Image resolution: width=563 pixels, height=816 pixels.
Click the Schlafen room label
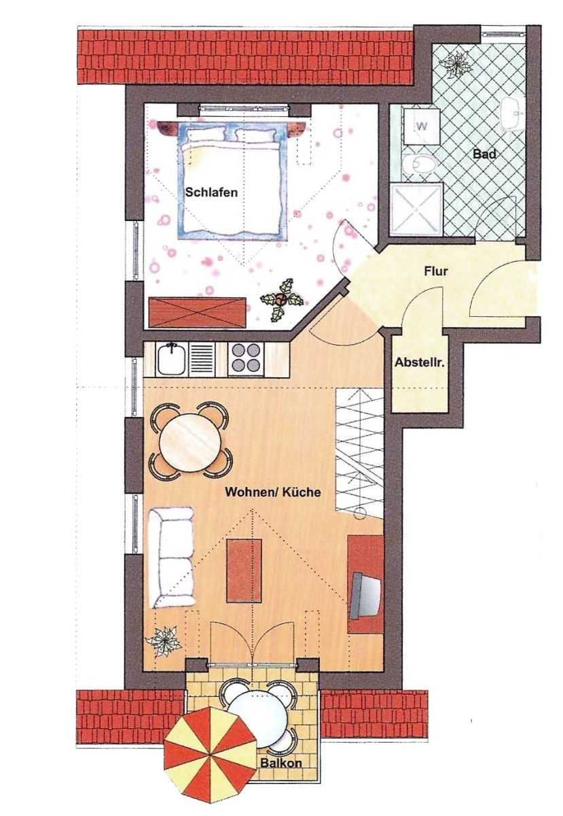tap(211, 192)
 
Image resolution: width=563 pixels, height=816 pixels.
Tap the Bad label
tap(484, 154)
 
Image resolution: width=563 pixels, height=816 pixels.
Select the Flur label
tap(435, 271)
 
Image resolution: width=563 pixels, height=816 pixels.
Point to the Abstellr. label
tap(420, 362)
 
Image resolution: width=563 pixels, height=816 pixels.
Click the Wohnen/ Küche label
tap(272, 492)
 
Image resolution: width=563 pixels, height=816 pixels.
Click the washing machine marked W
tap(422, 126)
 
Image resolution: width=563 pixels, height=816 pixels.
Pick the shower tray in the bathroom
tap(416, 209)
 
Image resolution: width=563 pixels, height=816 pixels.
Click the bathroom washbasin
tap(513, 114)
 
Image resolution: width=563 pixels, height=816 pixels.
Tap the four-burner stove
tap(245, 359)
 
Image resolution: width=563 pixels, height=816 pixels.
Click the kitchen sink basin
tap(171, 359)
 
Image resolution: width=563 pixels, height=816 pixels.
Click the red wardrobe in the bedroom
tap(198, 312)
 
